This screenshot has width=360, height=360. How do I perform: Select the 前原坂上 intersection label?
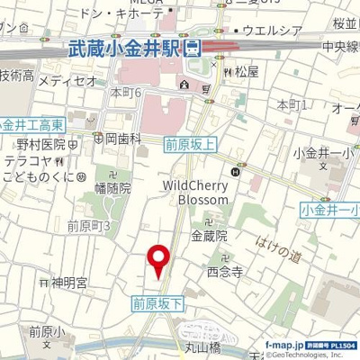coord(189,140)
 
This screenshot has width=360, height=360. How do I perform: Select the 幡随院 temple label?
coord(112,188)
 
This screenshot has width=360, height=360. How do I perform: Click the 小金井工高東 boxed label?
coord(31,122)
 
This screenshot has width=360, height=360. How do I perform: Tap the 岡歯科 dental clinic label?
coord(120,139)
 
